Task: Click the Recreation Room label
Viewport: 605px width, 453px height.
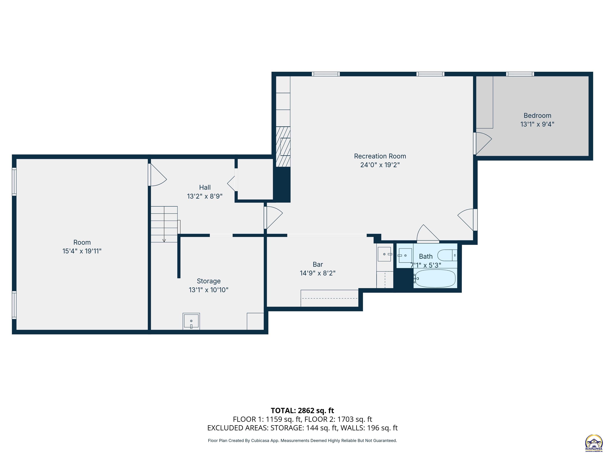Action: click(x=380, y=156)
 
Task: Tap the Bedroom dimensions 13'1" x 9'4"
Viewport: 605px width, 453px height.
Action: click(x=537, y=124)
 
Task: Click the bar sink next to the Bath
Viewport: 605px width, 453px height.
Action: click(x=385, y=254)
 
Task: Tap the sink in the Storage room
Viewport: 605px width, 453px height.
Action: click(x=191, y=321)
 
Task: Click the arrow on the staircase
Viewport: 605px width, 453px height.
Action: click(x=164, y=240)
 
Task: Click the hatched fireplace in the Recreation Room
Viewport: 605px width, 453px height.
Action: click(x=283, y=147)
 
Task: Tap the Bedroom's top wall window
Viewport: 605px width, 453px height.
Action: click(x=520, y=74)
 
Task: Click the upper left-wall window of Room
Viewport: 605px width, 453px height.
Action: click(x=14, y=182)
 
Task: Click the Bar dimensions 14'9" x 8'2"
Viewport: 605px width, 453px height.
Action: click(x=317, y=273)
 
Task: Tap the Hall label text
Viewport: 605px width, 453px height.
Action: click(x=205, y=187)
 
